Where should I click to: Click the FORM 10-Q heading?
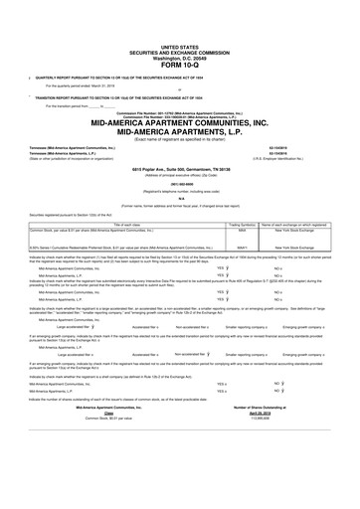(x=180, y=40)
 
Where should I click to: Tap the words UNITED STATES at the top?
(x=180, y=19)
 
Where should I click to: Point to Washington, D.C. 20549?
(x=180, y=31)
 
